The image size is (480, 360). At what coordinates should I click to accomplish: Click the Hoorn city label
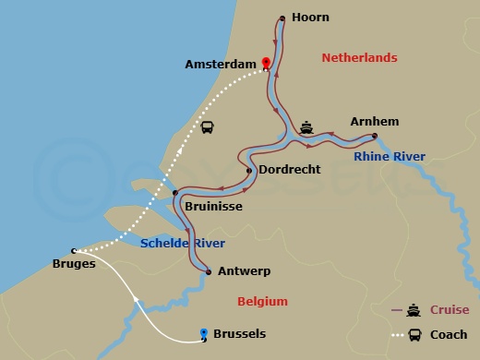[x=309, y=18]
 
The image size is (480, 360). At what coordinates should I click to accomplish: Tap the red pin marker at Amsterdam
[x=266, y=64]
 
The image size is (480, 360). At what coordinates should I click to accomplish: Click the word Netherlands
[x=359, y=58]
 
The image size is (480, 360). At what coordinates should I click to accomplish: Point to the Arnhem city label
[x=374, y=121]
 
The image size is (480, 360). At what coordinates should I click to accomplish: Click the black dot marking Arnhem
[x=374, y=137]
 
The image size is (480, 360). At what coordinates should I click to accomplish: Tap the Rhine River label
[x=390, y=157]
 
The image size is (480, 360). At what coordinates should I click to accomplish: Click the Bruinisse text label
[x=213, y=207]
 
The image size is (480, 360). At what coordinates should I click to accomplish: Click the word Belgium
[x=262, y=302]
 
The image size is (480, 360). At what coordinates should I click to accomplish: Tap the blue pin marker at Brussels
[x=204, y=333]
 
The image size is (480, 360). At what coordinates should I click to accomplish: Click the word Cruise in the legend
[x=450, y=310]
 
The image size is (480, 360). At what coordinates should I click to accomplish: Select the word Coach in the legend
[x=449, y=335]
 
